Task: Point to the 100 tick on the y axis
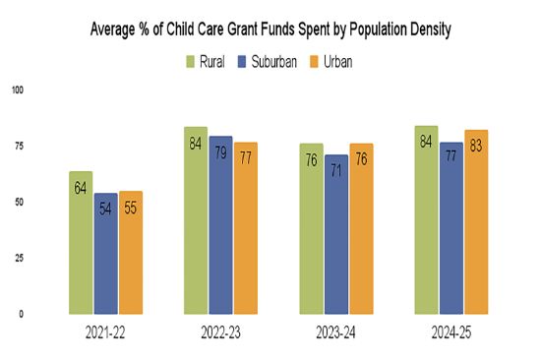click(x=16, y=90)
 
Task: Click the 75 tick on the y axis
click(x=16, y=147)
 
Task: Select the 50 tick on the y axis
click(x=16, y=203)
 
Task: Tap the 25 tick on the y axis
click(x=16, y=258)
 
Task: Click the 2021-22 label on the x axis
click(x=105, y=334)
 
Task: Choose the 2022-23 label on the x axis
click(x=220, y=334)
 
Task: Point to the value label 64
click(x=81, y=187)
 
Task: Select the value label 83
click(x=476, y=147)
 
